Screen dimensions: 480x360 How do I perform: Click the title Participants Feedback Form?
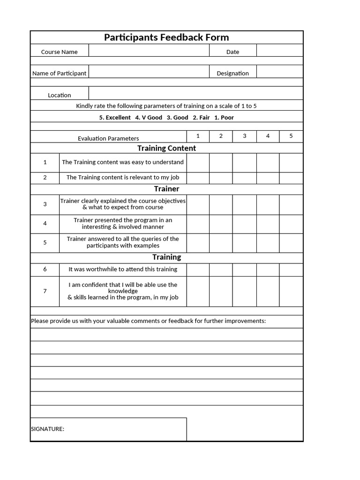[166, 37]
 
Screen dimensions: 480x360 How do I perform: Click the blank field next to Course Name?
[149, 51]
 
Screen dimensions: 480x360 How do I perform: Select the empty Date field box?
[279, 51]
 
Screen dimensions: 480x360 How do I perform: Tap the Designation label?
[232, 74]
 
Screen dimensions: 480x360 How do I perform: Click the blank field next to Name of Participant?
[149, 72]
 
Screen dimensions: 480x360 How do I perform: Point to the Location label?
[60, 95]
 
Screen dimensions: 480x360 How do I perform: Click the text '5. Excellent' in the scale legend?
[115, 118]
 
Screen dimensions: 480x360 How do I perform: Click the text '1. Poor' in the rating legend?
[224, 118]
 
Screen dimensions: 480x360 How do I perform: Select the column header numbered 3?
[244, 136]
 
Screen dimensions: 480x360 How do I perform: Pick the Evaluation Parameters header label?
[108, 138]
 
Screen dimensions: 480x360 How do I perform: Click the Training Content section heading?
[166, 148]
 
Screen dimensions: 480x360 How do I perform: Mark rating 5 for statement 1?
[291, 163]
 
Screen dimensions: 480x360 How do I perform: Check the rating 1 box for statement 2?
[198, 178]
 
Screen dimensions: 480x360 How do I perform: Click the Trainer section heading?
[166, 189]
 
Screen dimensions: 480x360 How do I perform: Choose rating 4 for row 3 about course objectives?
[268, 204]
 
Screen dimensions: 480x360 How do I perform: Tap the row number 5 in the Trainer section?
[45, 243]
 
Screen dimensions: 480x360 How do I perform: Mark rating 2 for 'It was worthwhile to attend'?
[221, 270]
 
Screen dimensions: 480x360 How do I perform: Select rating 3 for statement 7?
[244, 291]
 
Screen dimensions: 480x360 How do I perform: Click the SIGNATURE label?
[47, 429]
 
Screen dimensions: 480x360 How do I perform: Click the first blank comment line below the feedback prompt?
[166, 334]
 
